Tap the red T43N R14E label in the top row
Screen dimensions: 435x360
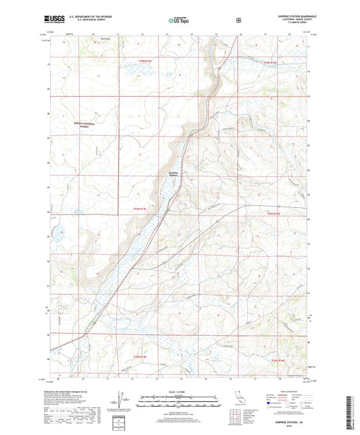click(269, 62)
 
